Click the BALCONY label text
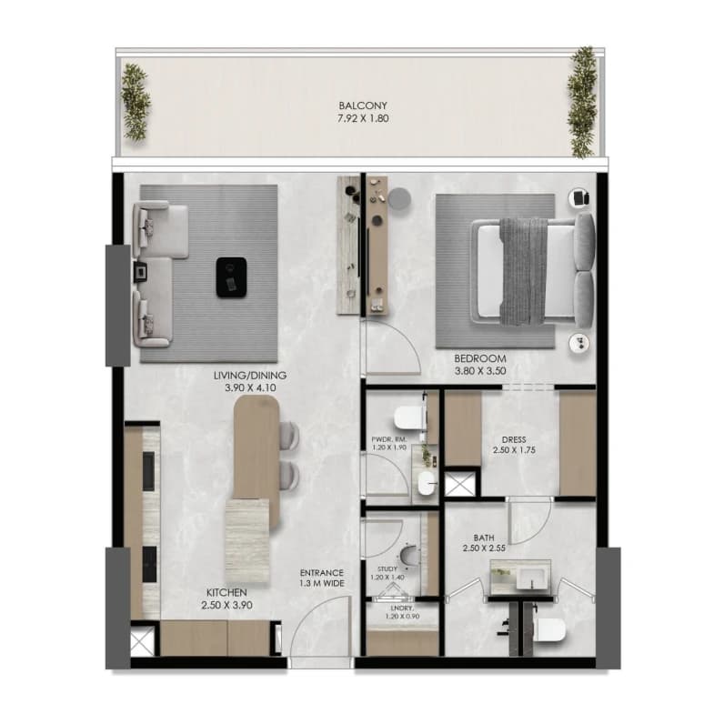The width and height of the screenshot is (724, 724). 363,106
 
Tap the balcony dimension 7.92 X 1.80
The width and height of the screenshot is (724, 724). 363,118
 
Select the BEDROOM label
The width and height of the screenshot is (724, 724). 480,358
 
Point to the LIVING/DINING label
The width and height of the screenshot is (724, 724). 250,376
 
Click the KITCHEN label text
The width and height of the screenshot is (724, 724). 226,592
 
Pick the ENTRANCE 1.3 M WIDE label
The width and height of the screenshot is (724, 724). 322,578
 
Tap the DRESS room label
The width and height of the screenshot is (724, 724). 514,439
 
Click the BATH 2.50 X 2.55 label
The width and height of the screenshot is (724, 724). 484,543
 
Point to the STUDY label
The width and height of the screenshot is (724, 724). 387,568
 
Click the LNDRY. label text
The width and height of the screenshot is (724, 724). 402,608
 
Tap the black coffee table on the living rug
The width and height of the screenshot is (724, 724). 231,277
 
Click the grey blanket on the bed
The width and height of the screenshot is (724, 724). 524,271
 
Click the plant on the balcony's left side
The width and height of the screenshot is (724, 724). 136,102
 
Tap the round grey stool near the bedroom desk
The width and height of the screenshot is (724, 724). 399,199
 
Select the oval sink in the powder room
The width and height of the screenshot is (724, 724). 427,483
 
